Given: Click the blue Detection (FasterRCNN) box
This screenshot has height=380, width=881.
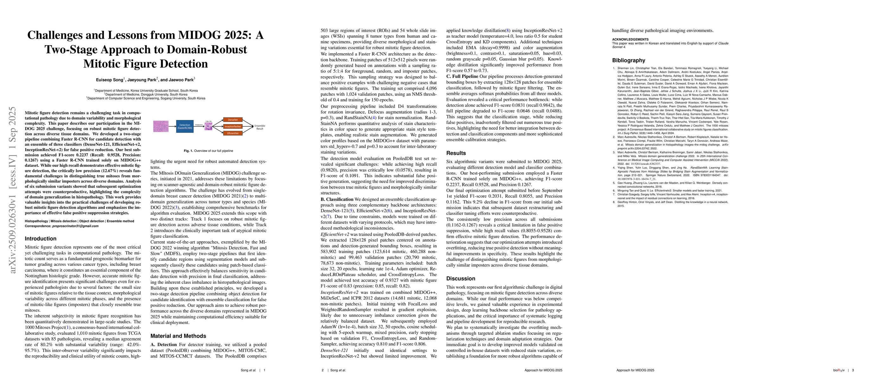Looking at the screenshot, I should coord(185,126).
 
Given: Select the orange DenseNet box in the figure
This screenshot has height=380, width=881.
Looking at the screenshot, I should coord(233,120).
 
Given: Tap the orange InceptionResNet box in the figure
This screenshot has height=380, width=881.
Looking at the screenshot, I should coord(233,126).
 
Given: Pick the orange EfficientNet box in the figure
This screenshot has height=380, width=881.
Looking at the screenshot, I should coord(233,133).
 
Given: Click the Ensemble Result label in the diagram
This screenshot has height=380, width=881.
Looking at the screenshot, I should coord(259,127).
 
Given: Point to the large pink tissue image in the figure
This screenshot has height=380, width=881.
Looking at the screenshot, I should coord(161,126).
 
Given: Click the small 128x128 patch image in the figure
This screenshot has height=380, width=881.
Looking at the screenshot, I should coord(208,126).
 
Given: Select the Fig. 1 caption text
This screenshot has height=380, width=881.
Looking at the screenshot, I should coord(208,151).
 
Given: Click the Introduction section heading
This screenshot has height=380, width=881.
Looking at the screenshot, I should coord(40,238).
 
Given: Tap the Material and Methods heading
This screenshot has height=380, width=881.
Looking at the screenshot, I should coord(178,336).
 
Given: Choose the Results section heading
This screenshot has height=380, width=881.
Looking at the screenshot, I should coord(456,153).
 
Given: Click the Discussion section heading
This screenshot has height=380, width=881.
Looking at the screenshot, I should coord(461,278).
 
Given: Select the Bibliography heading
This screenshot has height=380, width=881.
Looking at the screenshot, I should coord(629,60).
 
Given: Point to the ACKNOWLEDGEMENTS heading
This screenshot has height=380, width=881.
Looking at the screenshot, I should coord(630,39).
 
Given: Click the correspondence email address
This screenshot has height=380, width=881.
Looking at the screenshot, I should coord(75,226).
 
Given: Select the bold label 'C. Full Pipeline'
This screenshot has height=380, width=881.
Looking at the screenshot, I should coord(462,76).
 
